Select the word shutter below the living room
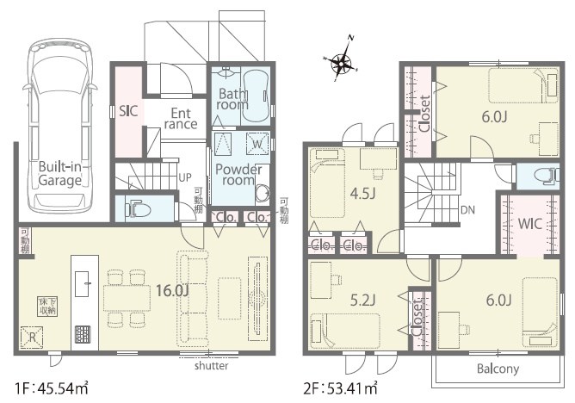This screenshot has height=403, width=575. (211, 366)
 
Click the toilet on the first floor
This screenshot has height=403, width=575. (138, 208)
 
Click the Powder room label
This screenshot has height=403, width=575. (238, 174)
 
